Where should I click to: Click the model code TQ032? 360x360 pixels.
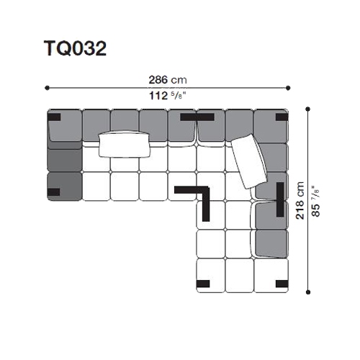point(75,48)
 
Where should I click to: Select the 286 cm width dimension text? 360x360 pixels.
point(168,80)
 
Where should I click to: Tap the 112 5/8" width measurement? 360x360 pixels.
point(168,96)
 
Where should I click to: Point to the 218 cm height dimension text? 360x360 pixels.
point(300,200)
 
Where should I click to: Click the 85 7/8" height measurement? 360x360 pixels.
point(316,201)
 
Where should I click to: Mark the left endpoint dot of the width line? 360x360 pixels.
point(47,88)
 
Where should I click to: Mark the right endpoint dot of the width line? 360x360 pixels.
point(288,88)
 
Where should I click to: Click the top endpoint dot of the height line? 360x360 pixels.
point(308,109)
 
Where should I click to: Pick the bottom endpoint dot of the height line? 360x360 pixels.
point(308,292)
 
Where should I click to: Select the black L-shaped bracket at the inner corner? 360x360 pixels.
point(206,190)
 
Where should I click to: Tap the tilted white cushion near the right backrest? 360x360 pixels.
point(249,161)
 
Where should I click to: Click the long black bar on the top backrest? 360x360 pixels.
point(197,117)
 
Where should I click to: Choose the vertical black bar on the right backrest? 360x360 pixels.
point(280,199)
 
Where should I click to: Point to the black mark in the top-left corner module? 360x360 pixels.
point(54,117)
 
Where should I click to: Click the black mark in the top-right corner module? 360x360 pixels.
point(282,117)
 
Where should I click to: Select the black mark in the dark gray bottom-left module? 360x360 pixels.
point(53,192)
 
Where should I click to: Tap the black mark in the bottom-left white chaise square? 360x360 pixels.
point(203,284)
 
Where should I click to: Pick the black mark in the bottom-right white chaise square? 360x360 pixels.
point(282,284)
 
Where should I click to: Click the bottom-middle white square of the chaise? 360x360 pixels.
point(240,275)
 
